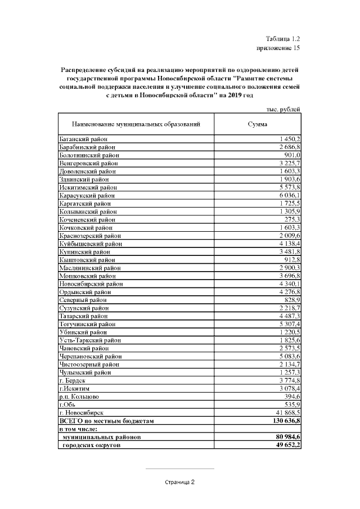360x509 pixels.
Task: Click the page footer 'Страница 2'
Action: (x=179, y=482)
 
